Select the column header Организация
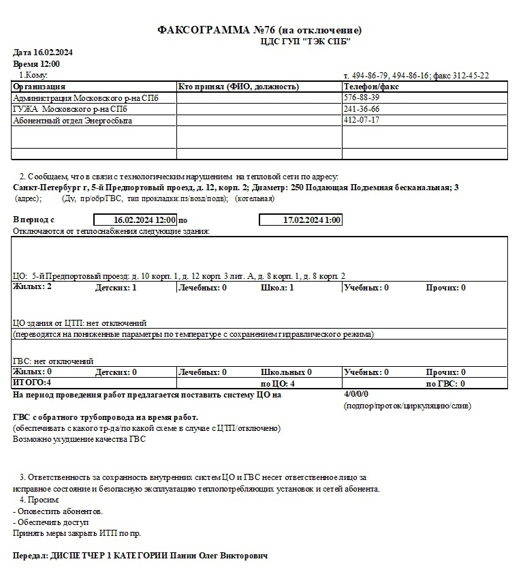click(x=39, y=87)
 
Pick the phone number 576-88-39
click(x=362, y=98)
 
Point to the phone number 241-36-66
click(x=362, y=109)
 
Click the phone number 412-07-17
click(x=362, y=120)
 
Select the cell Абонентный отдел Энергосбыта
click(x=73, y=121)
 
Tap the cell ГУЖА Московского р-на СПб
click(x=70, y=109)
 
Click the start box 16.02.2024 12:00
click(x=135, y=220)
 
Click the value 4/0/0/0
click(x=357, y=394)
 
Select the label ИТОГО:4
click(x=33, y=383)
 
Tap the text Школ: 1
click(x=277, y=288)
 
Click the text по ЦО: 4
click(x=278, y=383)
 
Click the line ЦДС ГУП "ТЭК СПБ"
click(x=305, y=41)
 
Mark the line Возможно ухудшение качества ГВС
click(x=79, y=439)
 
